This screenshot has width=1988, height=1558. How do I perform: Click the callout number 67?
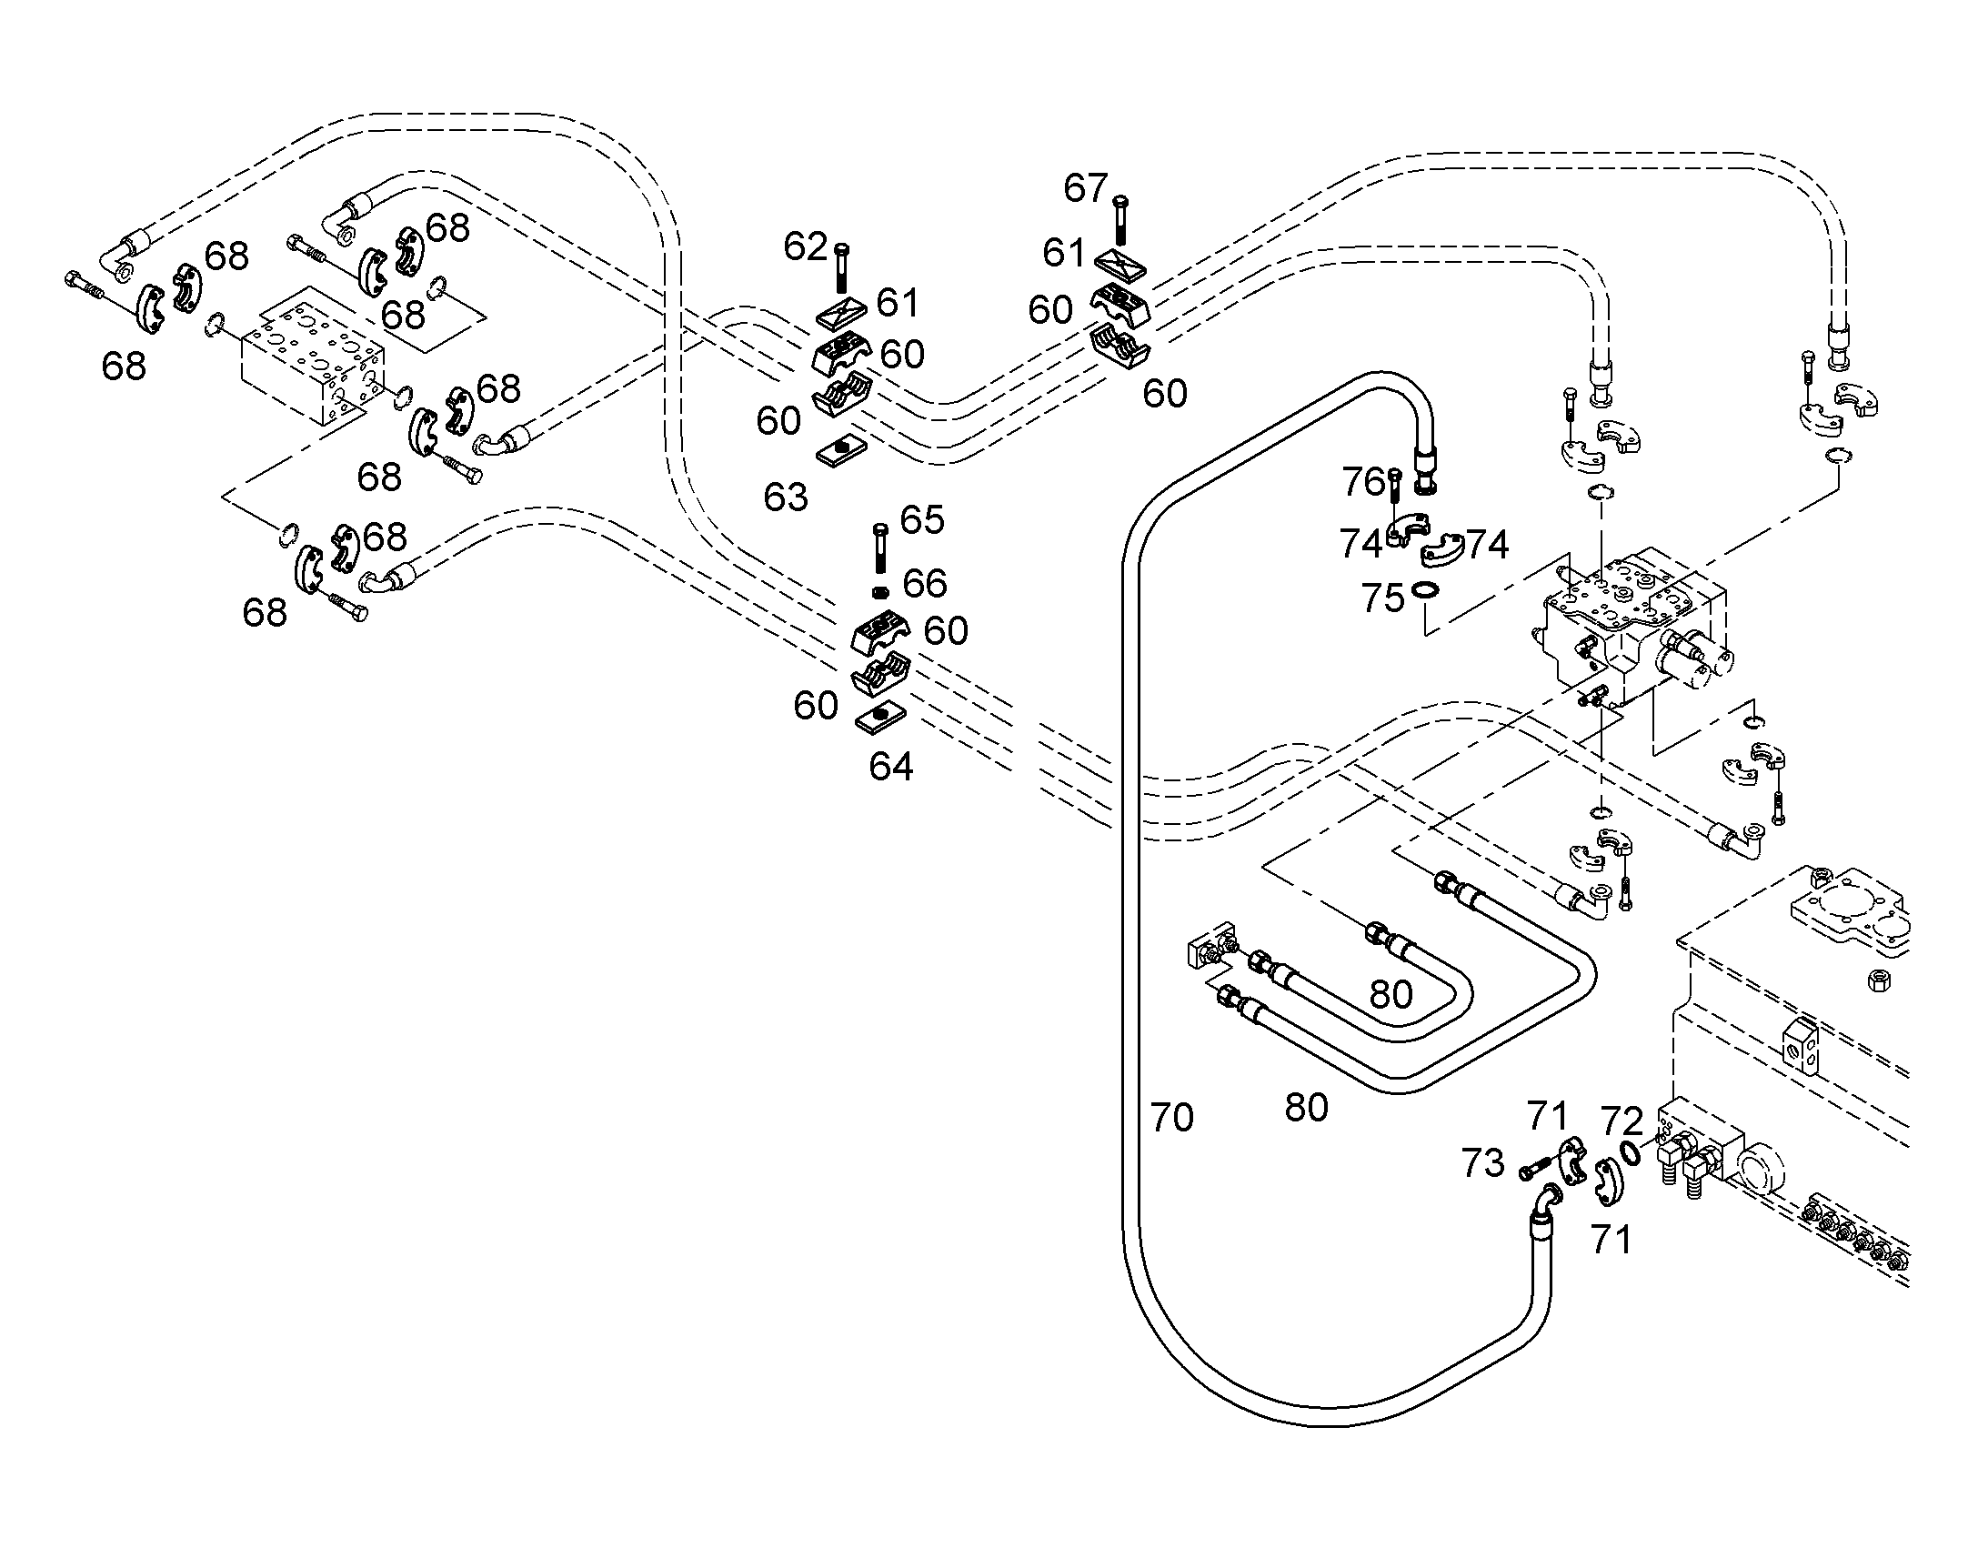(1085, 189)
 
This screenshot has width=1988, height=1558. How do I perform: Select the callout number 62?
(805, 246)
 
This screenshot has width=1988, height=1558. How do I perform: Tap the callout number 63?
(786, 498)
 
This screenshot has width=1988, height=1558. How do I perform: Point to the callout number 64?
(891, 766)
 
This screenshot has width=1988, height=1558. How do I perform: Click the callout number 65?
(922, 520)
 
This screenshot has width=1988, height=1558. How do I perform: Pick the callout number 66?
(925, 583)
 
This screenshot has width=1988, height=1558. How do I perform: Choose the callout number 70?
(1172, 1118)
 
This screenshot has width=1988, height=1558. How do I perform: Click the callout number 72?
(1622, 1121)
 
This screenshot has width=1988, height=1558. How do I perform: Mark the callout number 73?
(1482, 1163)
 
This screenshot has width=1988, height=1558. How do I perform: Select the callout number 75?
(1382, 598)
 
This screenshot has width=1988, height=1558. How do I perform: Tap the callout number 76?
(1363, 482)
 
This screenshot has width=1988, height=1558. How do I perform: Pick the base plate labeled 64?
(881, 717)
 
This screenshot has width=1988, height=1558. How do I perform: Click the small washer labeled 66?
(880, 593)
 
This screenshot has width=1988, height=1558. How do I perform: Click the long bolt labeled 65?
(880, 549)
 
